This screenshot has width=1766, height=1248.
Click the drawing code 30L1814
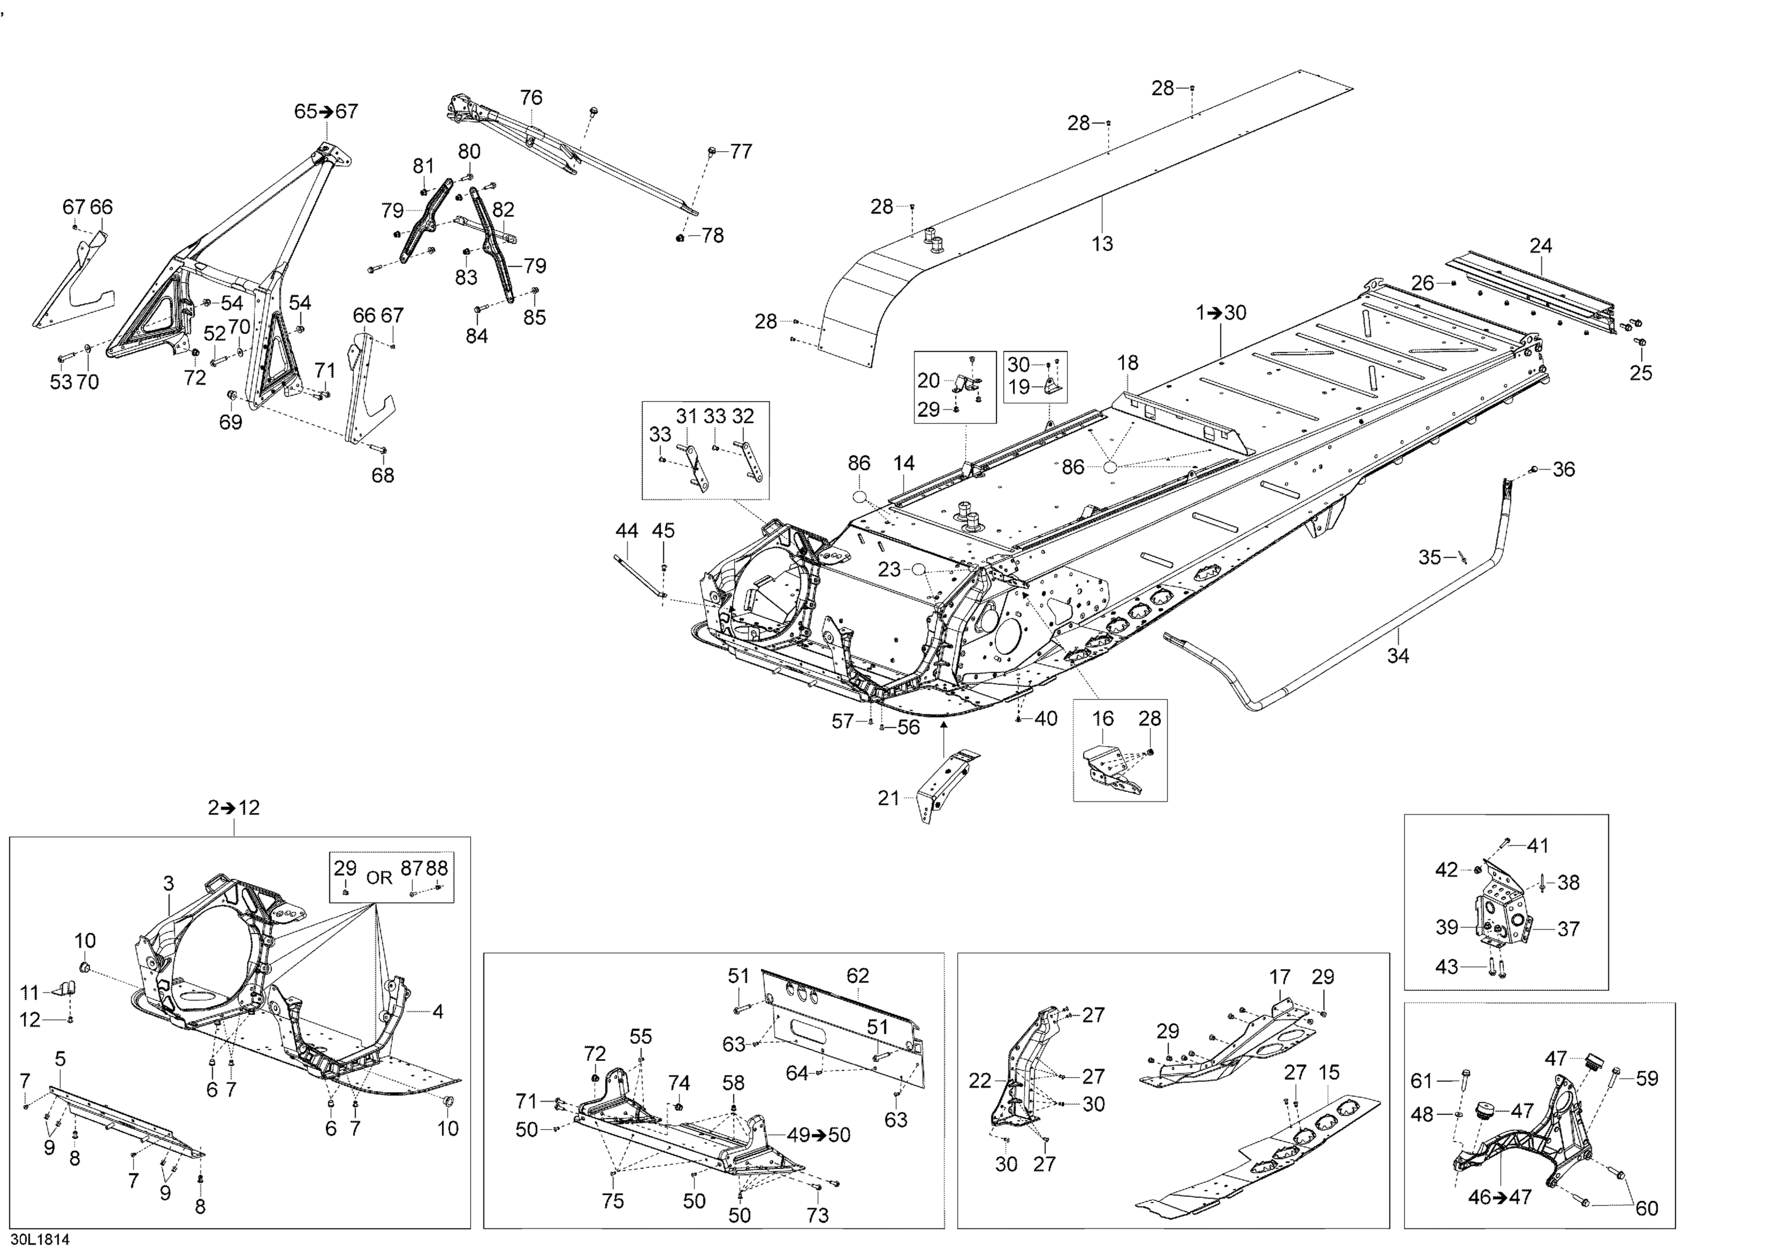[40, 1239]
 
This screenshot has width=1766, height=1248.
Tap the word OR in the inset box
[379, 877]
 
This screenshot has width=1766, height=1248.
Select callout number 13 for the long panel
[1102, 244]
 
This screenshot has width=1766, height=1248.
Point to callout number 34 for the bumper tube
[1397, 656]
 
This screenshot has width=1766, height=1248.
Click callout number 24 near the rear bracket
[1541, 246]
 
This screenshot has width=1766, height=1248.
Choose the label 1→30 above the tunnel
[1221, 313]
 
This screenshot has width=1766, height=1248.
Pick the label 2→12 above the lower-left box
[234, 807]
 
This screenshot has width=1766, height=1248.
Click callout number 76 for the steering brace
[531, 98]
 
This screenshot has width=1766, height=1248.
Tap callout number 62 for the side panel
[858, 975]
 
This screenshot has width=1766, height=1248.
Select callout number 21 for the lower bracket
[888, 798]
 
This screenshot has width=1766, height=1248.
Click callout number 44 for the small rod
[627, 531]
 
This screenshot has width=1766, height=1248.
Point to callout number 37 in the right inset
[1568, 929]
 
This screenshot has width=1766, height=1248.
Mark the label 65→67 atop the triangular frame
[326, 111]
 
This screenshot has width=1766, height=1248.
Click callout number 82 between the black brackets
[503, 209]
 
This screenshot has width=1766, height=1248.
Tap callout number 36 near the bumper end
[1563, 469]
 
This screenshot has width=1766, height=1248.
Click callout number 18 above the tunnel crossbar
[1128, 363]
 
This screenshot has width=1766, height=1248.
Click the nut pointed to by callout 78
[680, 238]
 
